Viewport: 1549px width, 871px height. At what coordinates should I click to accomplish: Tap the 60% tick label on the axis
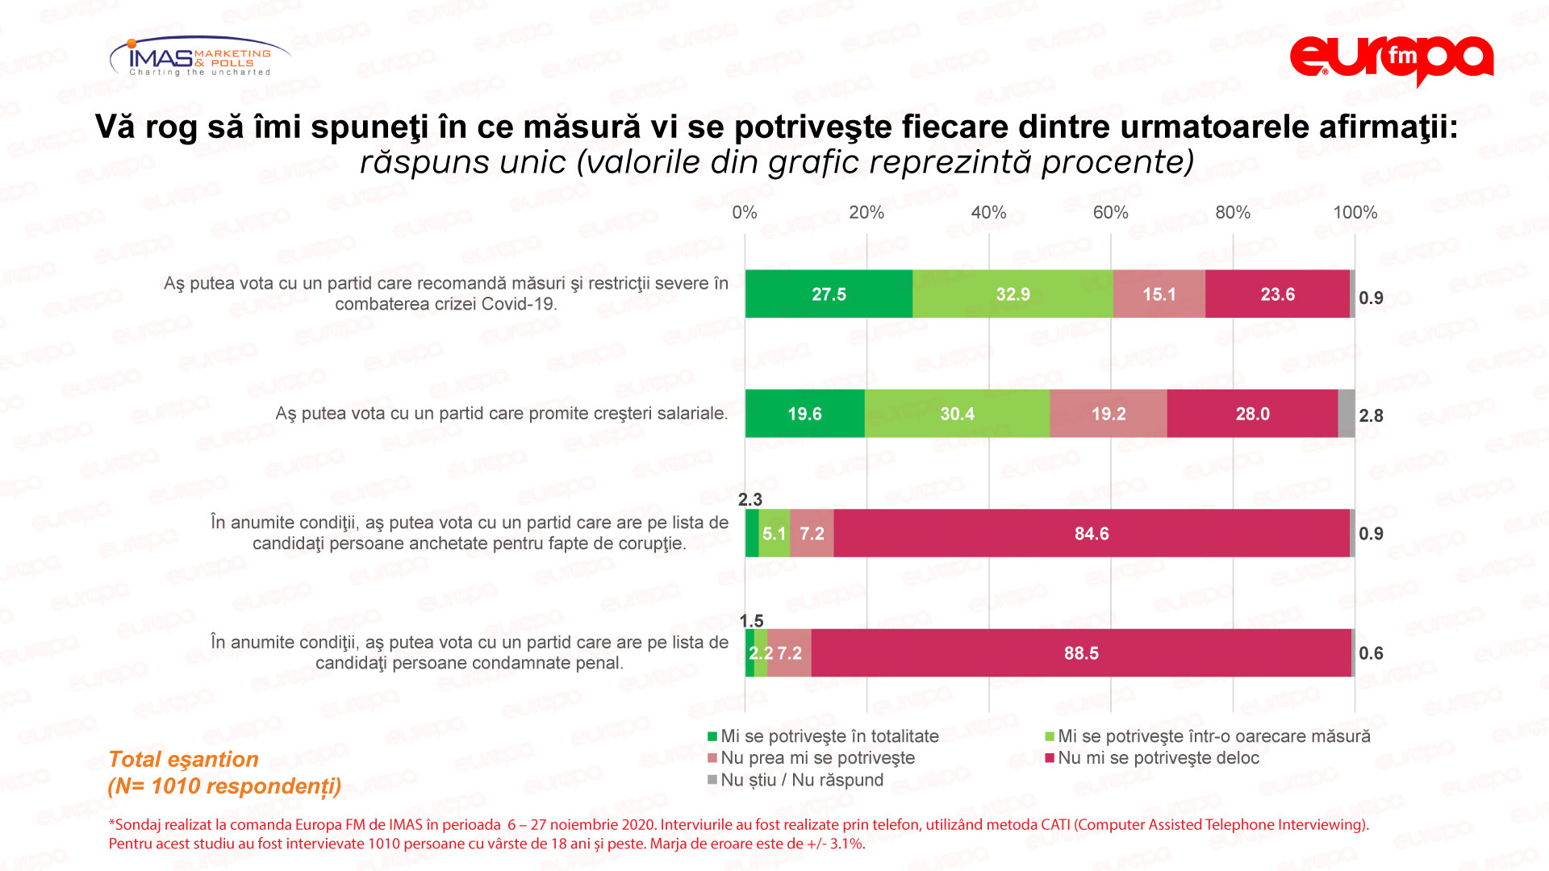coord(1110,213)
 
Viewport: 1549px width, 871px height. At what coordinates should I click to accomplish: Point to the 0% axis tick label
coord(744,213)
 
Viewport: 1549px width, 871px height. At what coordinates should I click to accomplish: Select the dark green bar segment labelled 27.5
coord(829,294)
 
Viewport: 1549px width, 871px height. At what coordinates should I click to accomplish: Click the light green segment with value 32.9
coord(1012,294)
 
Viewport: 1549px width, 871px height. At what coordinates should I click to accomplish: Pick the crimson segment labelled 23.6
coord(1277,294)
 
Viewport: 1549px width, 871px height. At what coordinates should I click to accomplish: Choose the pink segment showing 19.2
coord(1109,414)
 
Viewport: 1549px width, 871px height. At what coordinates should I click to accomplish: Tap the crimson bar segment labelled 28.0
coord(1252,414)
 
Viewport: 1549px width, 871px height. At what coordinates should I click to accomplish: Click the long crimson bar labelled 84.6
coord(1092,533)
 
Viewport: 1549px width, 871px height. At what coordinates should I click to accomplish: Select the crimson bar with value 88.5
coord(1081,653)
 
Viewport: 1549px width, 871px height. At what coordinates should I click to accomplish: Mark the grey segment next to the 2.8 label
coord(1346,414)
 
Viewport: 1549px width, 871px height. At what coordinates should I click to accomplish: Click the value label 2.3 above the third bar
coord(750,500)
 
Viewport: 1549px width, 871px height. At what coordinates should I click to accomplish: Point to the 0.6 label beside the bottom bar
coord(1371,653)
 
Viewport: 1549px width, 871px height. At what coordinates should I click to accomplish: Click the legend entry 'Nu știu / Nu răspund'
coord(801,780)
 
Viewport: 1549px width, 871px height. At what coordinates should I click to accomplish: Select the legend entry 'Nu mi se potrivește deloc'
coord(1158,758)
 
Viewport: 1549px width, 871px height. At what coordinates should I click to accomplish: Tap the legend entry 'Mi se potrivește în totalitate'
coord(829,736)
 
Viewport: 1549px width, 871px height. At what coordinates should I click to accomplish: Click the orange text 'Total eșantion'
coord(183,760)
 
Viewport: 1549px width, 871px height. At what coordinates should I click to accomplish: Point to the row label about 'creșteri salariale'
coord(501,414)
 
